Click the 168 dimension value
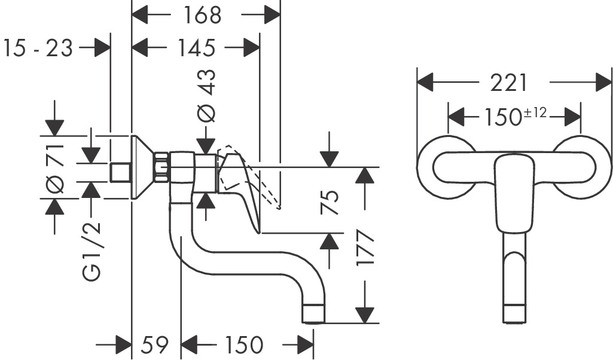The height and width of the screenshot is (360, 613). pos(202,16)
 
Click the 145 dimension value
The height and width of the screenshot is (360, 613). pos(196,48)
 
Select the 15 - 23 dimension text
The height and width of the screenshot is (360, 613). pos(38,48)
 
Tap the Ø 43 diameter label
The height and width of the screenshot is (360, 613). pos(207,96)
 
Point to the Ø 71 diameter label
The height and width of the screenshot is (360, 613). pos(55,167)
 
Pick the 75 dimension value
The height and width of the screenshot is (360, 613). pos(331,203)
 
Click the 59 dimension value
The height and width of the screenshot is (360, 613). pos(155,345)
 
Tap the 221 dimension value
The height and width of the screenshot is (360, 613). pos(509,83)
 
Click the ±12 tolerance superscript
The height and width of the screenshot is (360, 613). pos(535,112)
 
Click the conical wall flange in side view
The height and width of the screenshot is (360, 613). pos(142,167)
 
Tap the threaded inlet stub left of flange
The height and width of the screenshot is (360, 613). pos(120,172)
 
